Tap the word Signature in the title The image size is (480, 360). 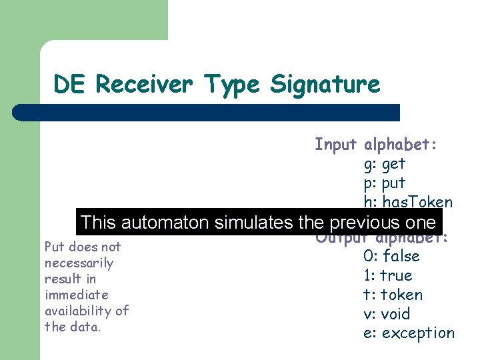click(x=325, y=85)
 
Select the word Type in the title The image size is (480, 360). click(x=232, y=85)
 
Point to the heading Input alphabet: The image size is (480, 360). click(x=375, y=144)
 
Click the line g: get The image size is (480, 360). click(x=385, y=163)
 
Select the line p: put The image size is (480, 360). click(x=385, y=183)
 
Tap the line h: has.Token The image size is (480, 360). click(x=408, y=202)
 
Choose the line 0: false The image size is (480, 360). click(x=391, y=256)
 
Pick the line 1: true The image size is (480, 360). click(x=388, y=275)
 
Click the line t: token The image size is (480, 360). click(x=393, y=295)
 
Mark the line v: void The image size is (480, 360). click(x=387, y=314)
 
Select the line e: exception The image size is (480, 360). click(x=409, y=333)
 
